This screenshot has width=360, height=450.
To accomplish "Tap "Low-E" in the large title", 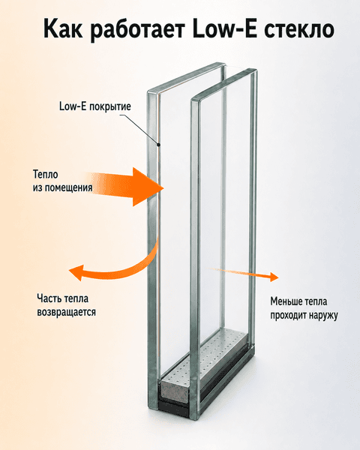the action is (x=225, y=28).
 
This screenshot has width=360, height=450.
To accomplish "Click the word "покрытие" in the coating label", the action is (x=110, y=106).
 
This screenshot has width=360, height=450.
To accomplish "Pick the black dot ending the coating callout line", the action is (x=158, y=144).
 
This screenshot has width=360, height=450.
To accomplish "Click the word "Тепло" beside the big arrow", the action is (x=45, y=174).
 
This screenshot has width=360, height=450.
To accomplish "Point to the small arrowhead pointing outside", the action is (x=274, y=277).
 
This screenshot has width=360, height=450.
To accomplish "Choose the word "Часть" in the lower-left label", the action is (x=49, y=298).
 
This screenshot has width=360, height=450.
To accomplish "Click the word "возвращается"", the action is (x=66, y=312).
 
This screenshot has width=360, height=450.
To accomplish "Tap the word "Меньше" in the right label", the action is (x=286, y=301).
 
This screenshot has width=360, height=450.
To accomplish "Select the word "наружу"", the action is (x=323, y=316).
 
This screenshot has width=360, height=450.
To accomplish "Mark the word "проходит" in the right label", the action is (x=288, y=316).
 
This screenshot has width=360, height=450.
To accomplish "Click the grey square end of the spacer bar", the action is (x=175, y=390).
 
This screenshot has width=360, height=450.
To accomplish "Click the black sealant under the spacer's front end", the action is (x=174, y=407).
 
